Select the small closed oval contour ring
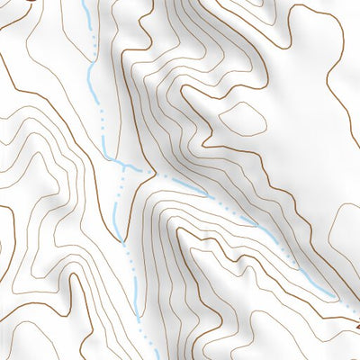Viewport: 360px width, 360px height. (x=242, y=118)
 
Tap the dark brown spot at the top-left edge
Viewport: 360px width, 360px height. (x=31, y=2)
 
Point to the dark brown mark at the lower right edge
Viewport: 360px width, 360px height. (x=355, y=312)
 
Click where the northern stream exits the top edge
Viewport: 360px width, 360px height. (x=85, y=2)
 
